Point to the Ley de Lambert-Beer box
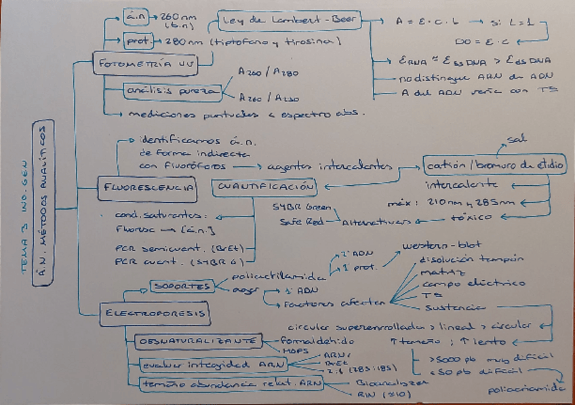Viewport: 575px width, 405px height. click(x=290, y=20)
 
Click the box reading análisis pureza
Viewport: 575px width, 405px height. click(x=173, y=90)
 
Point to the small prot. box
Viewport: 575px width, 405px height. click(x=139, y=41)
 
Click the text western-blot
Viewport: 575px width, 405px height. click(x=432, y=246)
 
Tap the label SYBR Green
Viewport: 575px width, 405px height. click(x=294, y=206)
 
